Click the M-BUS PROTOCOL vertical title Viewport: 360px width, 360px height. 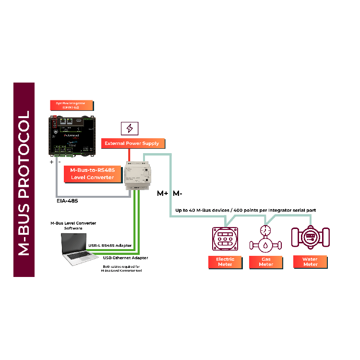point(24,180)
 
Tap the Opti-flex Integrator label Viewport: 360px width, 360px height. point(72,105)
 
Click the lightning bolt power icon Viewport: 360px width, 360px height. point(130,128)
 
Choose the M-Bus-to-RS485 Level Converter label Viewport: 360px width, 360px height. point(92,174)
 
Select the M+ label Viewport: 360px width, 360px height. point(163,194)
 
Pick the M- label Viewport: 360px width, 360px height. point(177,194)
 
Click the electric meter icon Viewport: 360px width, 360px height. point(225,239)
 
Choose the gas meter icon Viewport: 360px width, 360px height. point(264,239)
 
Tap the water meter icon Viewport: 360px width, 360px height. point(310,237)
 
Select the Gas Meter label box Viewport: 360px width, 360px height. point(265,262)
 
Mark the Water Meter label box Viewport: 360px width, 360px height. point(310,262)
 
